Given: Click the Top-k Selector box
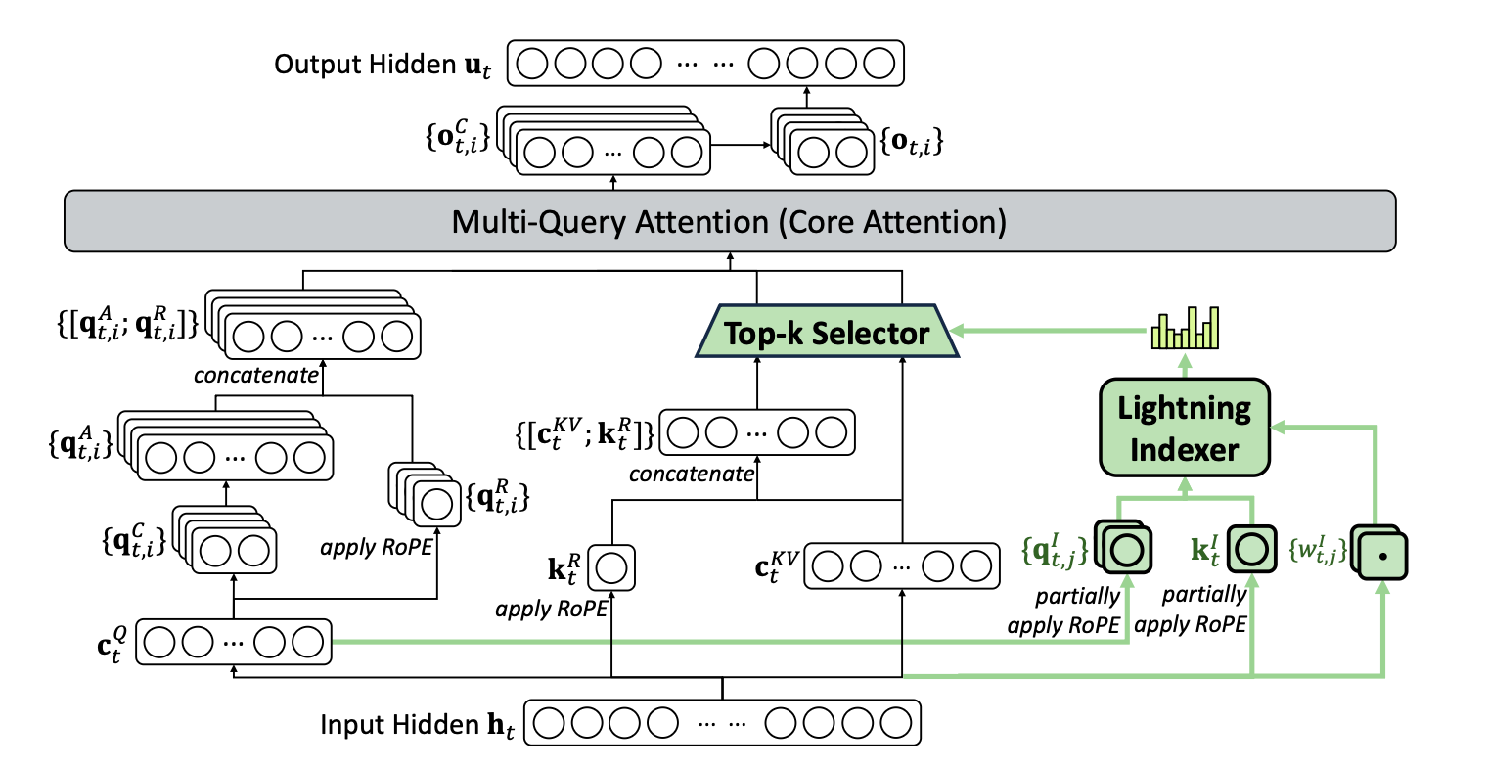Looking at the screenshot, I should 827,334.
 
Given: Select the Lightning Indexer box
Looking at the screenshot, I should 1185,429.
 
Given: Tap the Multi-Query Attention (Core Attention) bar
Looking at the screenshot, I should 729,222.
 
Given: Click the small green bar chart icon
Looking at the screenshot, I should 1186,329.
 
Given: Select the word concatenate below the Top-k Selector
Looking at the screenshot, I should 691,475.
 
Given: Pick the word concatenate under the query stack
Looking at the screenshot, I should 256,375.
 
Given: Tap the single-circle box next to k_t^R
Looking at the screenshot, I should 611,568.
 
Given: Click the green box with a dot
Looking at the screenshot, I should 1380,555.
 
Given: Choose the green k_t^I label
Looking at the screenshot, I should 1205,550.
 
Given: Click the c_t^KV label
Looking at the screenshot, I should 777,566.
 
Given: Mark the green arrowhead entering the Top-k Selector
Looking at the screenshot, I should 958,331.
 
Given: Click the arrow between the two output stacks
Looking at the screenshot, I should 741,146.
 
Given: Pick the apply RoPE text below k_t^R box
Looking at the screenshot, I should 552,609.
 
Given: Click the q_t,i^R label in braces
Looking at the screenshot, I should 498,499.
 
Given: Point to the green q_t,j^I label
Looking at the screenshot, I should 1055,551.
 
